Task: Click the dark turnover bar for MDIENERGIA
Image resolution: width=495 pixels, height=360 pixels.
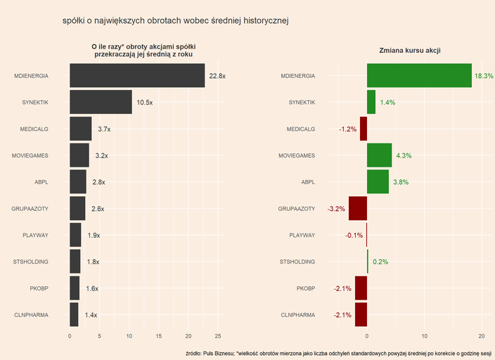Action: [x=137, y=75]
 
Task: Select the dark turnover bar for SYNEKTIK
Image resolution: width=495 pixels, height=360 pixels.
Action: [x=101, y=102]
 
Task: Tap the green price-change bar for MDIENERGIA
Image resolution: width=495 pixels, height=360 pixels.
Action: [x=419, y=75]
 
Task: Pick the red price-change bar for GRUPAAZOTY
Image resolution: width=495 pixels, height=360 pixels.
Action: [x=358, y=209]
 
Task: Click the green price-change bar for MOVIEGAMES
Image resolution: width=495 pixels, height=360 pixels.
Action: [x=380, y=155]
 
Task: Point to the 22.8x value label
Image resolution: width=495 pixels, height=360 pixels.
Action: [x=217, y=76]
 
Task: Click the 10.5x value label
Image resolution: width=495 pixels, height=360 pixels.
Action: [x=145, y=103]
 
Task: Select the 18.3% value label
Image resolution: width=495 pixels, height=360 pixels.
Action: [x=484, y=76]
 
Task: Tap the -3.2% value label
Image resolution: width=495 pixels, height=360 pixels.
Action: [x=336, y=210]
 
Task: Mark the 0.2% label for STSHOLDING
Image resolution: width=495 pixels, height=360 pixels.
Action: [x=380, y=262]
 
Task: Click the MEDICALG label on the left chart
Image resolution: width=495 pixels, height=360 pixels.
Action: [x=34, y=129]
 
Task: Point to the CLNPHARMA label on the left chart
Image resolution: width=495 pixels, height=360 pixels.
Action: [x=32, y=315]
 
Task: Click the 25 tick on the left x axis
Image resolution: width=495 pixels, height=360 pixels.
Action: [x=218, y=336]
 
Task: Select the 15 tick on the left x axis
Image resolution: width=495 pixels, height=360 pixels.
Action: [x=159, y=336]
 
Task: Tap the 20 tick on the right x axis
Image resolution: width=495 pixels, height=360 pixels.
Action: [x=482, y=336]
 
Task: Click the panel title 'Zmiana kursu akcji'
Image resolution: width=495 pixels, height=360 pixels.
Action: [x=409, y=51]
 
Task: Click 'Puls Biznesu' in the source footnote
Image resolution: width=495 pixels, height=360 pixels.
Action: [x=219, y=353]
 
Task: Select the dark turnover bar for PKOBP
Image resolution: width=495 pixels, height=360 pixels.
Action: [x=75, y=288]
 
